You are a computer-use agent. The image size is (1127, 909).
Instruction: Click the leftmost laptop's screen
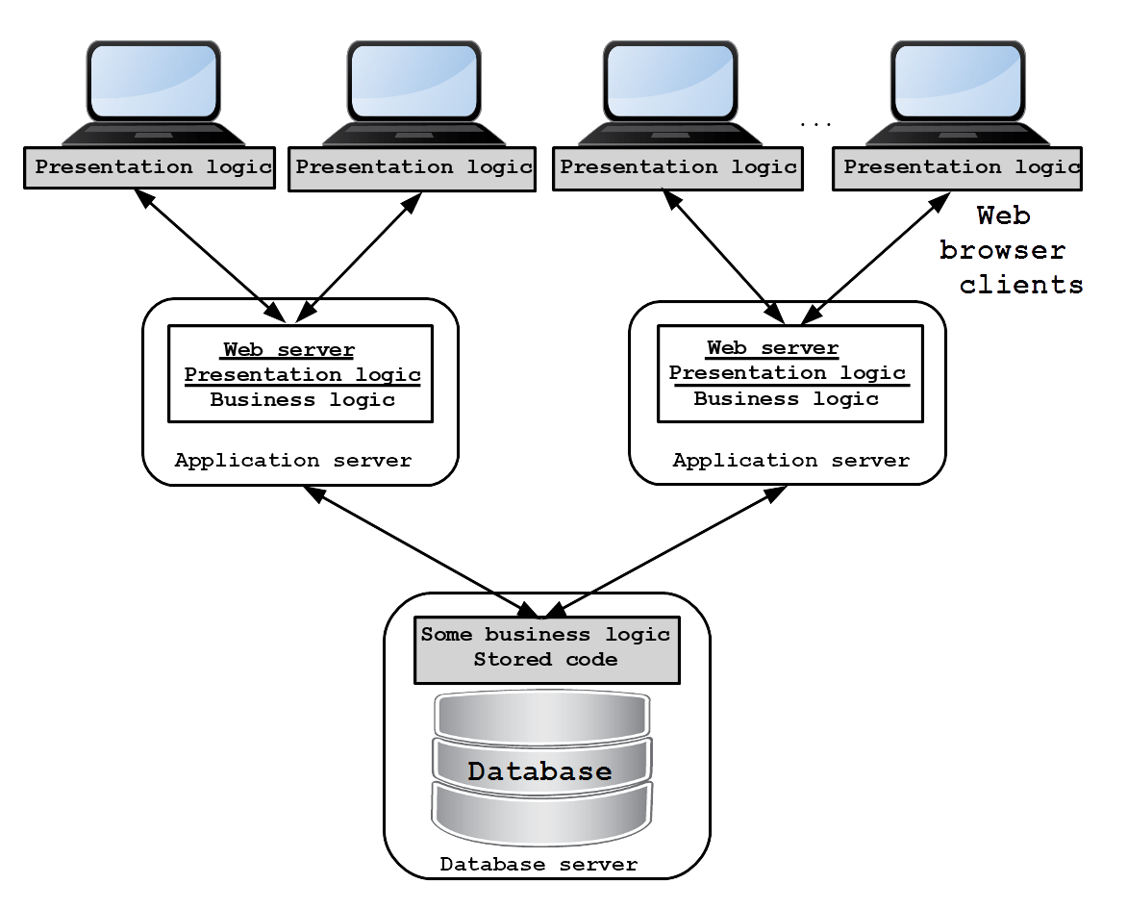[x=153, y=81]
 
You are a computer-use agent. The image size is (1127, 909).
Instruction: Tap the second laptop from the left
[x=413, y=93]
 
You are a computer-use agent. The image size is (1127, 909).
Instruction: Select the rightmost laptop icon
[x=958, y=93]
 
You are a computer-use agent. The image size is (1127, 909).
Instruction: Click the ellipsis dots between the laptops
[x=815, y=124]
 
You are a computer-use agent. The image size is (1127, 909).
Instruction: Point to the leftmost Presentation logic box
[x=149, y=168]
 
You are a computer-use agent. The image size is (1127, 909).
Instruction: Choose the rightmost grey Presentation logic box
[x=958, y=169]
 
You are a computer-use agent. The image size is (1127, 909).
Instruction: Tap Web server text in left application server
[x=288, y=350]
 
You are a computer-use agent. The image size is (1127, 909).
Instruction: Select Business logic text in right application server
[x=787, y=399]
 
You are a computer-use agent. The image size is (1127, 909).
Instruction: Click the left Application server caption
[x=293, y=460]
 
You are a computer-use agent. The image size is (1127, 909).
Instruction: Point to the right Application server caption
[x=791, y=460]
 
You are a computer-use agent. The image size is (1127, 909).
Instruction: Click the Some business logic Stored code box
[x=547, y=649]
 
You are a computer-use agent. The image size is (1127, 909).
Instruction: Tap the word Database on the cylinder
[x=539, y=770]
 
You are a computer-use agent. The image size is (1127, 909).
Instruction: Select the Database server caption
[x=538, y=865]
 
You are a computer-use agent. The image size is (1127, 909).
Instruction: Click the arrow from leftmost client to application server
[x=210, y=255]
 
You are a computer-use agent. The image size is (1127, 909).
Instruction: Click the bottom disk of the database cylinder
[x=542, y=814]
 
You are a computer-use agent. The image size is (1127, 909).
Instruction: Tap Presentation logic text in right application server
[x=788, y=373]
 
